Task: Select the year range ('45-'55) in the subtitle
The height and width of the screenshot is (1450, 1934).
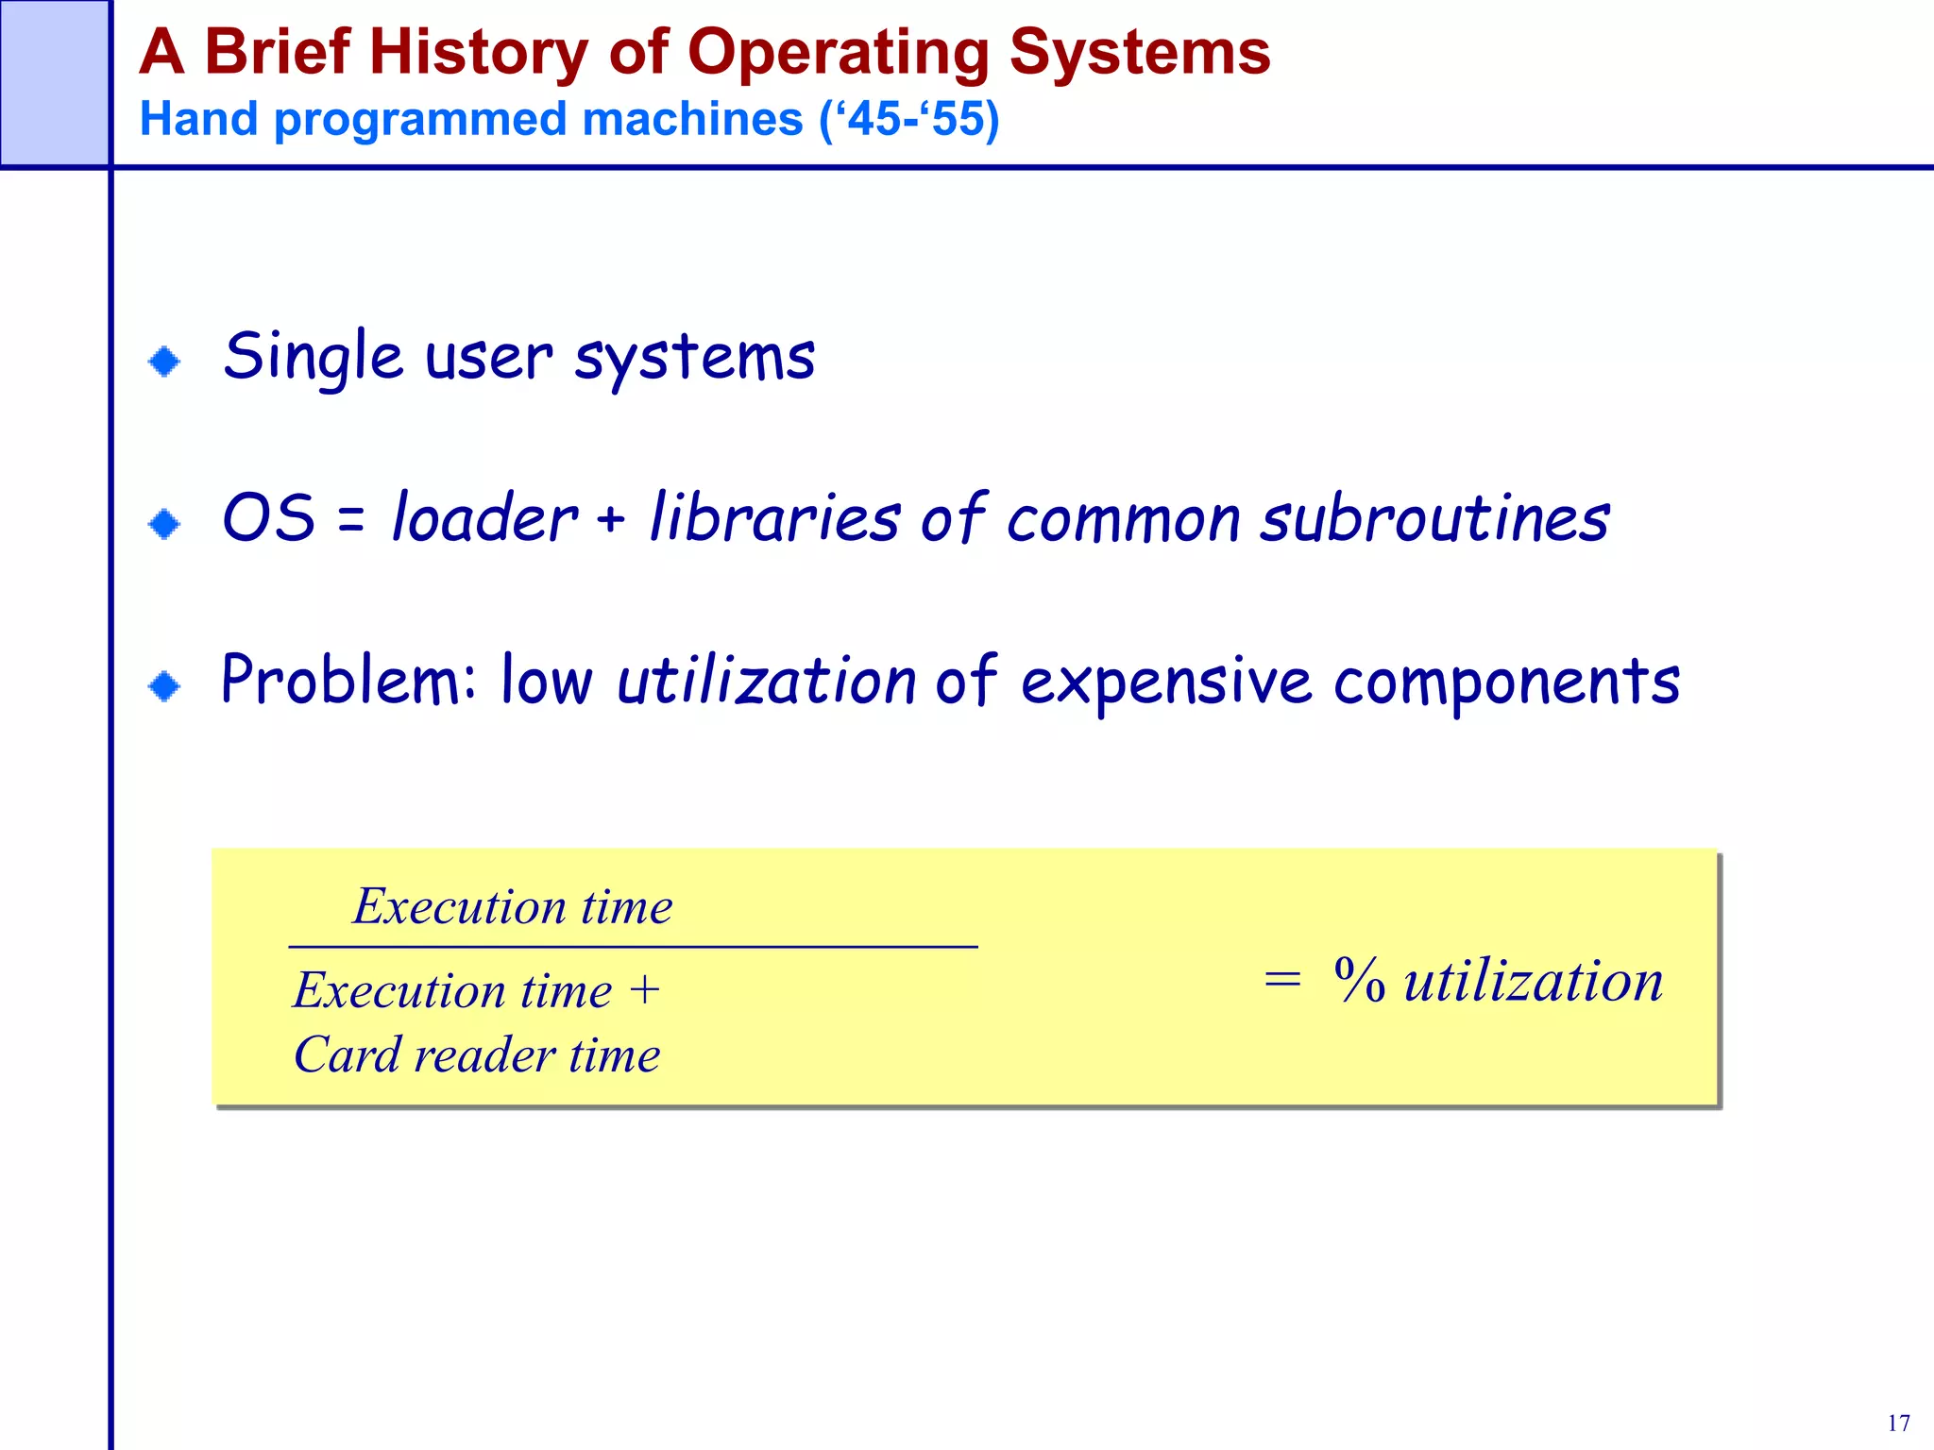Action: (x=908, y=120)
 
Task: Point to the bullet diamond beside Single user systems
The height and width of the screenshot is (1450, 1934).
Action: (x=164, y=361)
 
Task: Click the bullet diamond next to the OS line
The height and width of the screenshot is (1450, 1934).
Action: (x=164, y=523)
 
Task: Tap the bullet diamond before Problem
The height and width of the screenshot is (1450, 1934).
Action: (x=164, y=685)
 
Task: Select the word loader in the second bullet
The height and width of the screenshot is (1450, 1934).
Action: (x=483, y=519)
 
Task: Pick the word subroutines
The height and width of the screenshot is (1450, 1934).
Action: (x=1435, y=519)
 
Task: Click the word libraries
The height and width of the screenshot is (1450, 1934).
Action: (x=774, y=519)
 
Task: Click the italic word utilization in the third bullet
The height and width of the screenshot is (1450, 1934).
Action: (x=765, y=682)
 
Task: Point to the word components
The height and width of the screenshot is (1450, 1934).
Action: (x=1506, y=682)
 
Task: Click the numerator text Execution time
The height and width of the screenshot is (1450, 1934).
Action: (x=512, y=907)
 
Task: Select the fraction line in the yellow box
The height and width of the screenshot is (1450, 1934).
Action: (x=633, y=946)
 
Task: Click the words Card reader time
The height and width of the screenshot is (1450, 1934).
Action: (x=477, y=1054)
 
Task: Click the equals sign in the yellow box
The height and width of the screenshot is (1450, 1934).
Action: (x=1282, y=980)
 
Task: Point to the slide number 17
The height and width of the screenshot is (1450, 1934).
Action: (x=1898, y=1423)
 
